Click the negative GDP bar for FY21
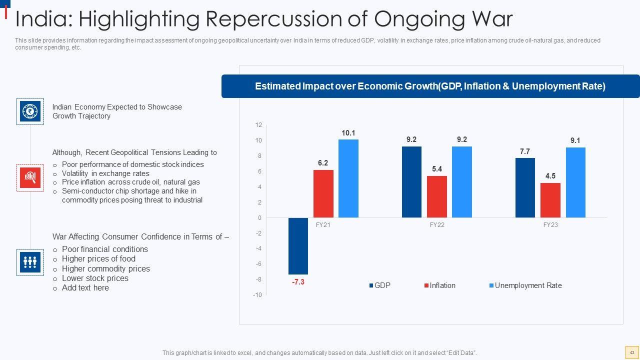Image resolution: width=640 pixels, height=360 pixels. (298, 246)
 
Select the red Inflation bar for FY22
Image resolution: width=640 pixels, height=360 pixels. (437, 196)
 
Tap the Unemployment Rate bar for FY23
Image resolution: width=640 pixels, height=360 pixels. (575, 182)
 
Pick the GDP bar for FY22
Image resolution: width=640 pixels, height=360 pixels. (411, 182)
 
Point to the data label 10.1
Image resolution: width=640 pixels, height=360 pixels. (348, 133)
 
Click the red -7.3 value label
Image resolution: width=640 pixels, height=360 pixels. (298, 282)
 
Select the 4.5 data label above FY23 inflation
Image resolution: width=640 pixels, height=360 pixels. (550, 176)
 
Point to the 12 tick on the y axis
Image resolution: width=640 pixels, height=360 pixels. (258, 125)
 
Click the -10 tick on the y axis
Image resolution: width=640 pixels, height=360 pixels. (257, 295)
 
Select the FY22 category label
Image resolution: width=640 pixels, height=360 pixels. (437, 225)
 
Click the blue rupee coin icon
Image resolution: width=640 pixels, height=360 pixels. (30, 111)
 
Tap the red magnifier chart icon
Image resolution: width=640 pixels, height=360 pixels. (30, 177)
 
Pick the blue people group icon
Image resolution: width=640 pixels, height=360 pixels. (30, 262)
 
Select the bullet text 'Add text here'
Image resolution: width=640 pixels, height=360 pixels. (85, 288)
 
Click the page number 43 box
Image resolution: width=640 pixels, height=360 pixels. (631, 352)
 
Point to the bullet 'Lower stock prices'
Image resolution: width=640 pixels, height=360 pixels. (95, 278)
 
